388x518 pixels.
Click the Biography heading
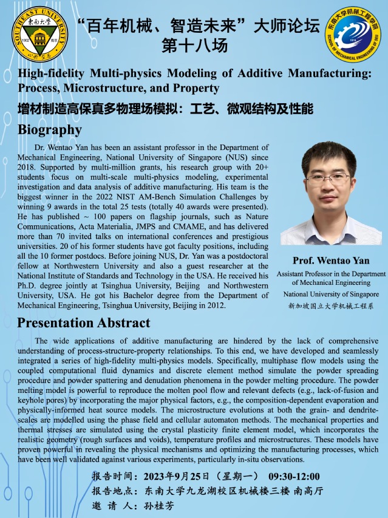pos(50,130)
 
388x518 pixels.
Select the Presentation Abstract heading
pos(84,322)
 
